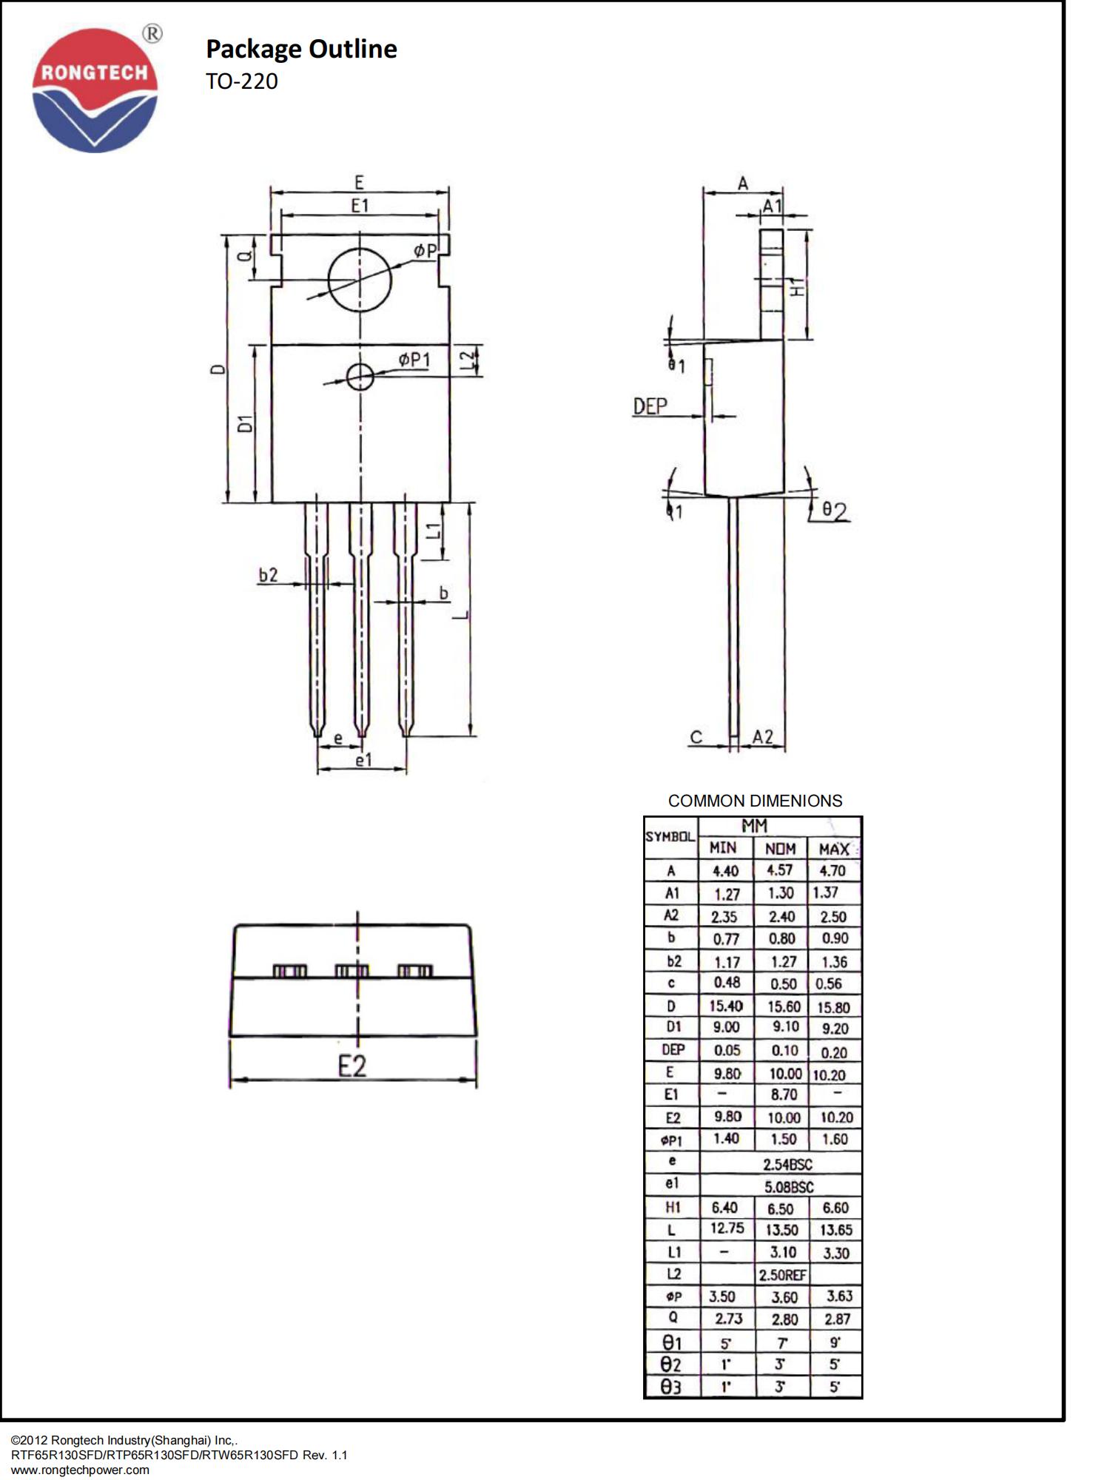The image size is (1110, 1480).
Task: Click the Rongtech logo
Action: point(95,90)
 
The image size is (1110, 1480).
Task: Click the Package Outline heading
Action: point(301,49)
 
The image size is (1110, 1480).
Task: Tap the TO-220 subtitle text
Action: point(241,81)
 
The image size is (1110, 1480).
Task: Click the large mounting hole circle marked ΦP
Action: point(360,280)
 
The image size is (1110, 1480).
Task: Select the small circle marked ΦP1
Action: point(360,377)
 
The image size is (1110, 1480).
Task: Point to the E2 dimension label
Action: point(352,1066)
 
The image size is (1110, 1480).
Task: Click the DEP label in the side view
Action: point(650,406)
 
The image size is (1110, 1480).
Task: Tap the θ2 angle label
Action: point(835,511)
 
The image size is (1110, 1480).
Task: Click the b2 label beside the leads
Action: point(268,575)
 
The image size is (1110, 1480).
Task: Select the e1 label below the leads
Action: point(363,760)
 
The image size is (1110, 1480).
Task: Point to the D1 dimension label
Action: point(245,423)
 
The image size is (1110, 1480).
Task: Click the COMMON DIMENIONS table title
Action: point(755,801)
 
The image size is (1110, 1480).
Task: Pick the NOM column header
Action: point(780,849)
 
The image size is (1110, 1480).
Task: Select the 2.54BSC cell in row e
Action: point(787,1164)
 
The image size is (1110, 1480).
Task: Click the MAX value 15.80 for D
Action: point(833,1007)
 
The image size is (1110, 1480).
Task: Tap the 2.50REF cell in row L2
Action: point(782,1275)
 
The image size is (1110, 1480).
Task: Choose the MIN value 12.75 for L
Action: point(727,1228)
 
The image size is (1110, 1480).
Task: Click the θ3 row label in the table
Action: point(670,1387)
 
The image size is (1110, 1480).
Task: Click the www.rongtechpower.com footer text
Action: point(80,1470)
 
